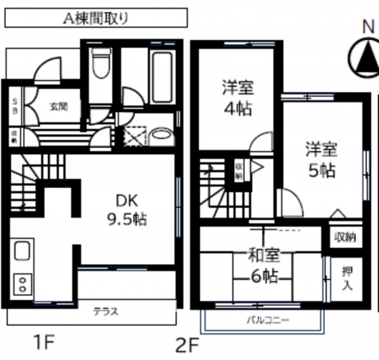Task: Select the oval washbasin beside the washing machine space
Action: coord(160,134)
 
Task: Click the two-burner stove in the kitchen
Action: coord(22,282)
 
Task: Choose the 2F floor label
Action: coord(186,346)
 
